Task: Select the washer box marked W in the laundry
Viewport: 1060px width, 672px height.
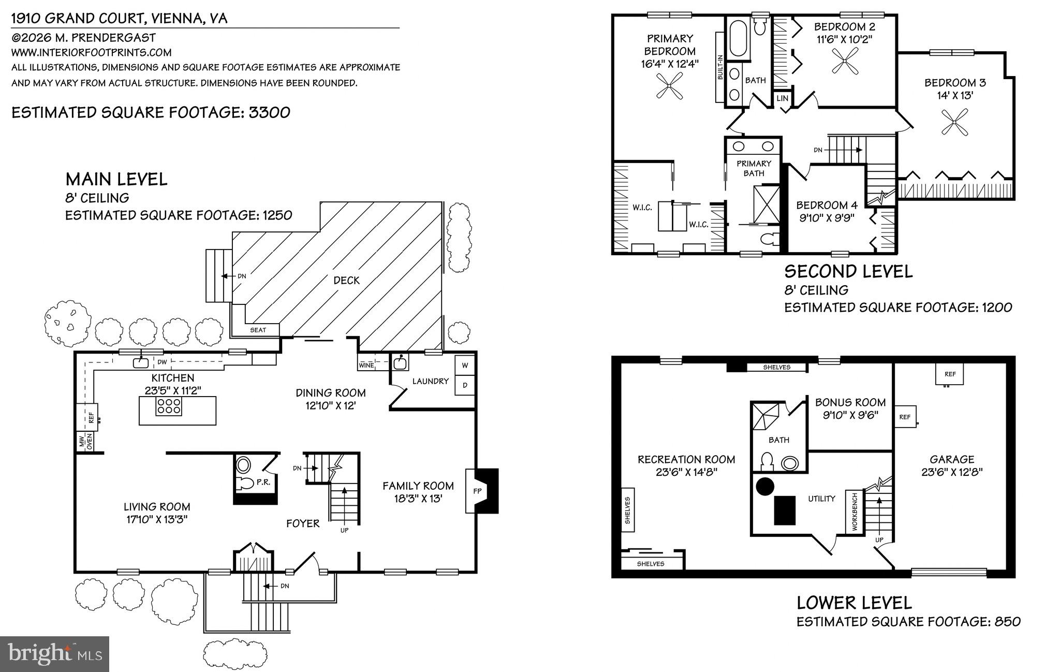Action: pyautogui.click(x=465, y=366)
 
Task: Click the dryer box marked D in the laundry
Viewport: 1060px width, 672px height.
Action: pyautogui.click(x=465, y=385)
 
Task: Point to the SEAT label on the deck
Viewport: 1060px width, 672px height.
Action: pyautogui.click(x=258, y=330)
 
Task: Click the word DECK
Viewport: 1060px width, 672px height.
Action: pyautogui.click(x=346, y=280)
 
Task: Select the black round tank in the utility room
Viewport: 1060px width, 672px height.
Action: pyautogui.click(x=765, y=486)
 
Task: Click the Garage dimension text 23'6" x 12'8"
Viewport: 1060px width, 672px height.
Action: pyautogui.click(x=951, y=472)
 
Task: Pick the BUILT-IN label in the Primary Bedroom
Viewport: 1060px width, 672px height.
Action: pyautogui.click(x=720, y=67)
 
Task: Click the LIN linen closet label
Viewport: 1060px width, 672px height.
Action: pyautogui.click(x=782, y=98)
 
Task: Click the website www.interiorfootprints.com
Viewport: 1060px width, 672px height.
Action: pyautogui.click(x=91, y=52)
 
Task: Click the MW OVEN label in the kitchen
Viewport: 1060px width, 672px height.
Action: pyautogui.click(x=85, y=442)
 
